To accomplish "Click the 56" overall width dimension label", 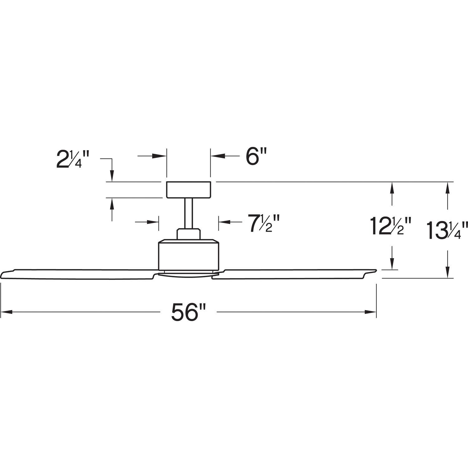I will coord(189,312).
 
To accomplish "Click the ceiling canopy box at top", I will coord(189,190).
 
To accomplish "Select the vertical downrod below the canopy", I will coord(188,213).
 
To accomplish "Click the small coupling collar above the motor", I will coord(188,234).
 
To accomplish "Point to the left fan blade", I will coord(78,274).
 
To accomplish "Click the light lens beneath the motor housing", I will coord(187,274).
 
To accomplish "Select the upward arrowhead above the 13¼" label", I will coord(448,187).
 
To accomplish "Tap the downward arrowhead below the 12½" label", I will coord(392,264).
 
